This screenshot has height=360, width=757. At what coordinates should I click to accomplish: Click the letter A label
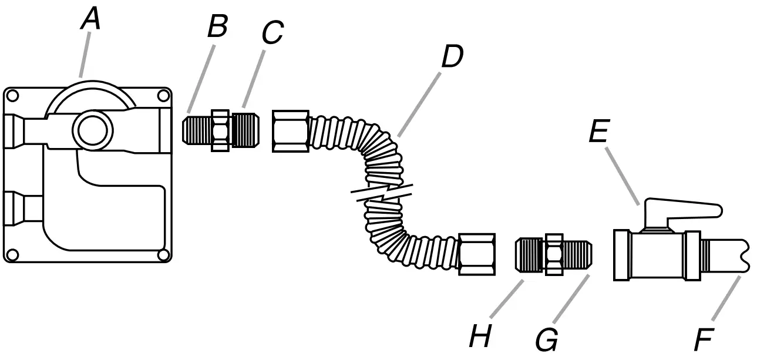pos(90,19)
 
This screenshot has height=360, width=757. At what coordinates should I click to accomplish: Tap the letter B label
pos(217,26)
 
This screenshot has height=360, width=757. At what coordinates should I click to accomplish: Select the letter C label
pos(271,34)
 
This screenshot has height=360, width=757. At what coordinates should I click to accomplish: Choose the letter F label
pos(704,339)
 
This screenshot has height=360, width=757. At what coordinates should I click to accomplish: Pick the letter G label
pos(547,339)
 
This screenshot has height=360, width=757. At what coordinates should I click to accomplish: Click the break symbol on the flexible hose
pos(382,193)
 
